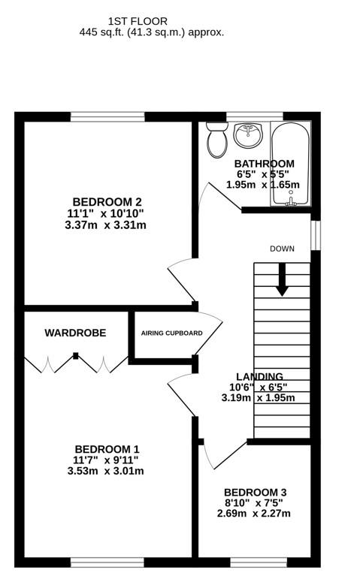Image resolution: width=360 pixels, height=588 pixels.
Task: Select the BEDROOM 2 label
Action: pyautogui.click(x=107, y=201)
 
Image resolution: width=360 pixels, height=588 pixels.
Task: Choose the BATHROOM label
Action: pyautogui.click(x=264, y=164)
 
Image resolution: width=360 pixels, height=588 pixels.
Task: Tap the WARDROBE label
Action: pyautogui.click(x=74, y=333)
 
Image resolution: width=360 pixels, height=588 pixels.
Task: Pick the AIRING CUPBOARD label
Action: pyautogui.click(x=171, y=333)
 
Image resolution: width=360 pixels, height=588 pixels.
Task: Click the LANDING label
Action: pyautogui.click(x=259, y=377)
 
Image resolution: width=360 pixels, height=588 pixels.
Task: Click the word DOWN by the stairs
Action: pyautogui.click(x=283, y=249)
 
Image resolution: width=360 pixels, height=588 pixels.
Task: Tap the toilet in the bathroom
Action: pyautogui.click(x=217, y=140)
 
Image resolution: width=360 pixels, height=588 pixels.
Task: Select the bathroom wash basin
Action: pyautogui.click(x=249, y=136)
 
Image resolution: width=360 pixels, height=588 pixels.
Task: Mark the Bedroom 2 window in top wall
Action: pyautogui.click(x=107, y=116)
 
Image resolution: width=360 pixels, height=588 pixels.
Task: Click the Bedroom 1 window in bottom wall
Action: pyautogui.click(x=107, y=562)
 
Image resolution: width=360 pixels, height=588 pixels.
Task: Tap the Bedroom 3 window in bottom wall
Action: pyautogui.click(x=258, y=562)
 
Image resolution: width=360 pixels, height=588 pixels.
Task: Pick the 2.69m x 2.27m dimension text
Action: pyautogui.click(x=255, y=514)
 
